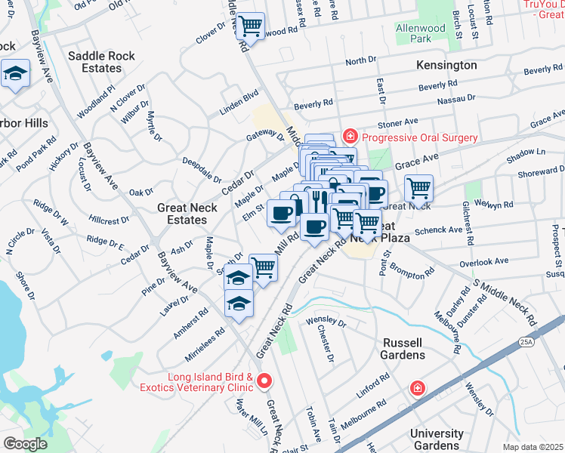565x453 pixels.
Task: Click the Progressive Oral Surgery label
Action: coord(419,137)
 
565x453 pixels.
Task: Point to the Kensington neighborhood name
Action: coord(446,66)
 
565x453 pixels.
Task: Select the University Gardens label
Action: coord(437,439)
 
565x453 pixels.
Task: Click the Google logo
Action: coord(25,443)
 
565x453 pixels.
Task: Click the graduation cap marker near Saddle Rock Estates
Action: coord(14,74)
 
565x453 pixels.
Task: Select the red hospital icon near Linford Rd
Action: coord(417,388)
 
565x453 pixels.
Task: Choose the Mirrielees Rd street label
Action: coord(204,344)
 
